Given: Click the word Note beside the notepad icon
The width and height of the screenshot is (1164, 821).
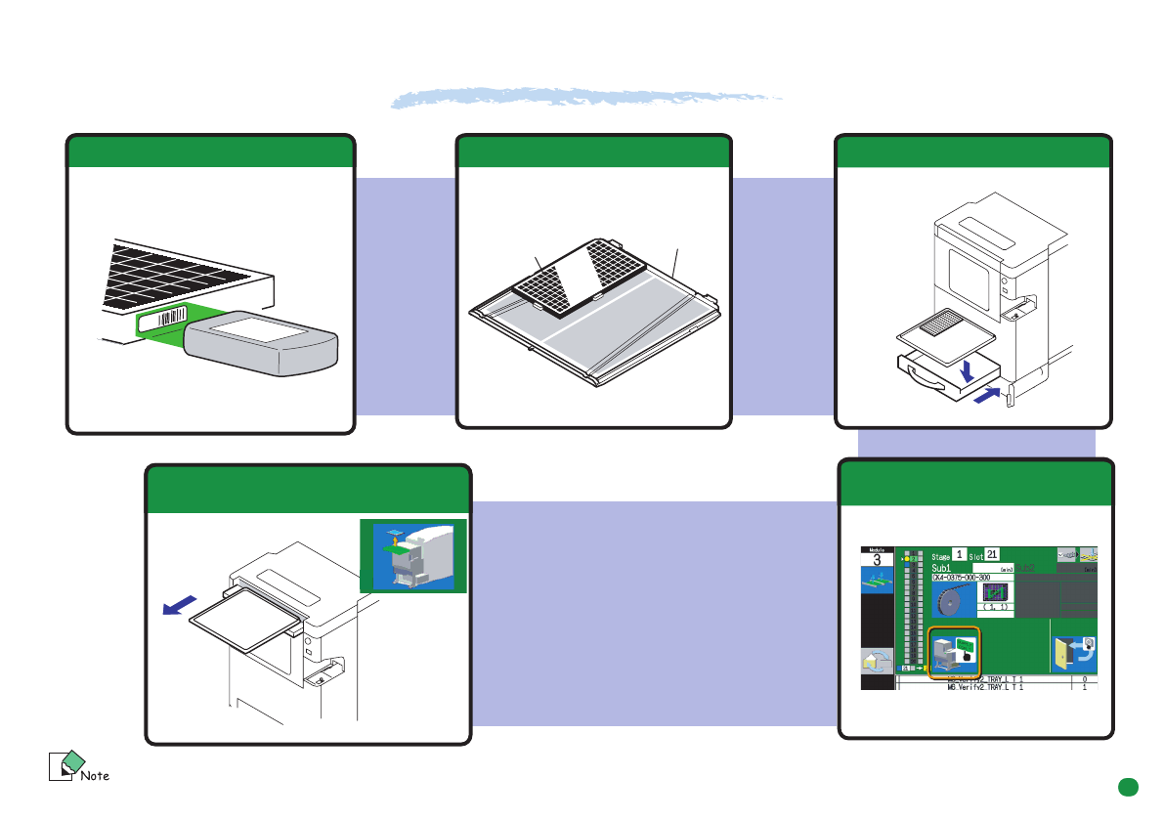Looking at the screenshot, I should [94, 776].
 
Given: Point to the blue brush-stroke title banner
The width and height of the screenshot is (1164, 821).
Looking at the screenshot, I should [586, 99].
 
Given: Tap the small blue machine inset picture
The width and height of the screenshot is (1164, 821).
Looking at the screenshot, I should [412, 555].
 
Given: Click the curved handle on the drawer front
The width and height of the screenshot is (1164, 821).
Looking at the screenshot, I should [927, 381].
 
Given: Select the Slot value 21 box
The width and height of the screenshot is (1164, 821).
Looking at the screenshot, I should [991, 554].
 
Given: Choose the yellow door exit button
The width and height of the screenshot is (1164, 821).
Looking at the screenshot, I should [1073, 653].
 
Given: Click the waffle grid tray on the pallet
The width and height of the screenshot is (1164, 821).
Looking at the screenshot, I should [578, 276].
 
